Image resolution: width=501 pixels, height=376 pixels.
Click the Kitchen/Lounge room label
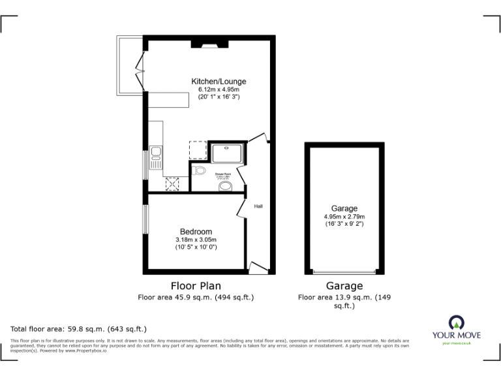point(219,82)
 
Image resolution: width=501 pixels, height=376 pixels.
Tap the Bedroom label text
point(196,232)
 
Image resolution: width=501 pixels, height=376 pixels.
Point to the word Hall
point(258,207)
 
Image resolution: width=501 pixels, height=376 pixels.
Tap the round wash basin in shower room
point(226,187)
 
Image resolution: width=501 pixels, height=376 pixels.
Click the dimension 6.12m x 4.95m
point(219,89)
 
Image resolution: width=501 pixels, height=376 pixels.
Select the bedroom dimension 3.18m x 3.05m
point(196,240)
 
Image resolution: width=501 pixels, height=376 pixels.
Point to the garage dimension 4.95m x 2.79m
point(344,217)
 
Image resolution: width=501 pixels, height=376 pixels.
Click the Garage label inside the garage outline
point(344,209)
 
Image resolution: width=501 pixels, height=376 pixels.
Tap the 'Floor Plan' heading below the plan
point(196,285)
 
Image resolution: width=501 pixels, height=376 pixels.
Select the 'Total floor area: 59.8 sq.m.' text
point(79,329)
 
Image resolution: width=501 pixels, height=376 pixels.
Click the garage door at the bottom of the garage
point(344,272)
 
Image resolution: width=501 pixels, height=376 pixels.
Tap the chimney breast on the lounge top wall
point(209,44)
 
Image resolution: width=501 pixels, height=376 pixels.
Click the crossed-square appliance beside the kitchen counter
point(173,185)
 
